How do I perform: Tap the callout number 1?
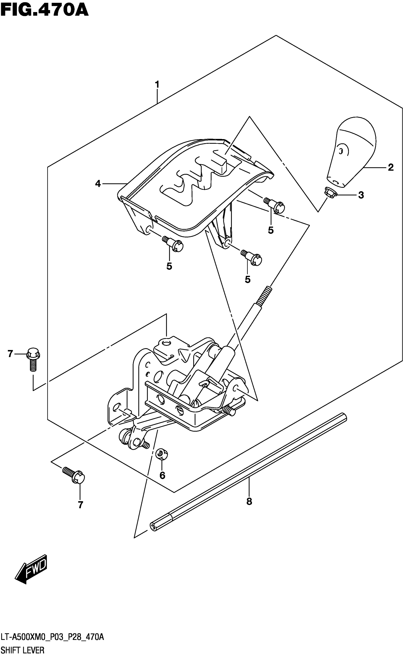157,84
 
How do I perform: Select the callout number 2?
390,168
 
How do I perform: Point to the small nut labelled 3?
330,192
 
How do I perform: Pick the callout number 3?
361,195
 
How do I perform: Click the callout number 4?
98,184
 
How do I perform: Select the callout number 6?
162,475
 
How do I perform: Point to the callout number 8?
249,502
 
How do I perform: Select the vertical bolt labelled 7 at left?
33,359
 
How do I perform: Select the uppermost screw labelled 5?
275,205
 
